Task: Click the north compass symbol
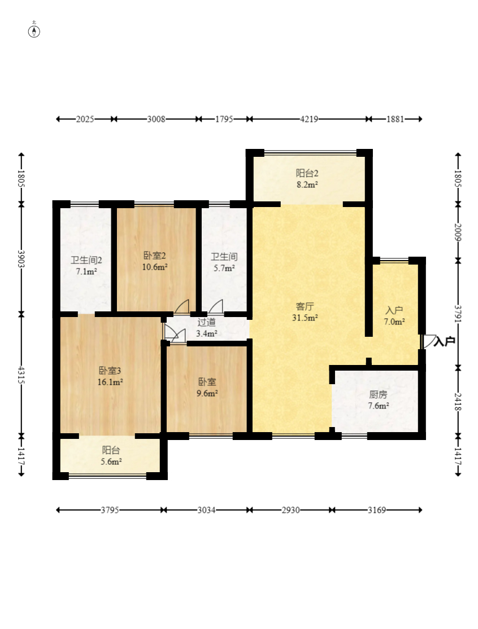[x=34, y=31]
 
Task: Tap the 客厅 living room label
[x=305, y=307]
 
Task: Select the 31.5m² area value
[x=305, y=318]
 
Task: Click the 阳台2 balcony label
[x=307, y=173]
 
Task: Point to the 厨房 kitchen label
[x=378, y=395]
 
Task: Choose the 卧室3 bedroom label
[x=110, y=371]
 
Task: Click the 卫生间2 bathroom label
[x=86, y=260]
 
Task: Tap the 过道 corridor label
[x=206, y=322]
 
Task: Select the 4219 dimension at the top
[x=309, y=119]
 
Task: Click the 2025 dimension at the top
[x=85, y=119]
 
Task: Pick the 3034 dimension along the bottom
[x=206, y=511]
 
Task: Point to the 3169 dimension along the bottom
[x=377, y=511]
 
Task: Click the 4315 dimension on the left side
[x=21, y=375]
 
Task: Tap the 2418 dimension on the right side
[x=458, y=402]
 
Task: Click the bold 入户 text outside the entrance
[x=444, y=341]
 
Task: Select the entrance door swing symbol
[x=429, y=341]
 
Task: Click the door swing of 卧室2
[x=182, y=306]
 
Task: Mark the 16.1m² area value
[x=110, y=382]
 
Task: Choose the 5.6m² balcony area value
[x=111, y=461]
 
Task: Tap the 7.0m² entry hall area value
[x=394, y=322]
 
